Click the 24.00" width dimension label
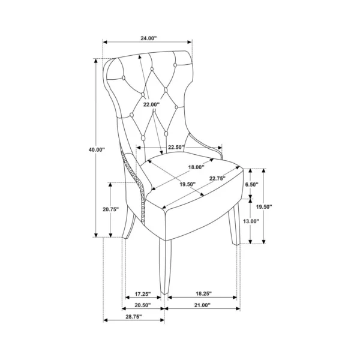[x=148, y=38]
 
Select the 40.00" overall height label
[x=97, y=149]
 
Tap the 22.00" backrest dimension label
[x=151, y=104]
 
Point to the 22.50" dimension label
[x=176, y=147]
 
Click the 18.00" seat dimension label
[x=196, y=167]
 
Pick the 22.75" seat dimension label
[x=217, y=178]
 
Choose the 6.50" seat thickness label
[x=252, y=184]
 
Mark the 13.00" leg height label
[x=251, y=221]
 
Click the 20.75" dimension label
[x=110, y=209]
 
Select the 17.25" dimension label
[x=143, y=293]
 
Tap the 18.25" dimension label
[x=203, y=293]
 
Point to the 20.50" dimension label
[x=143, y=305]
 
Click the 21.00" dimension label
[x=202, y=305]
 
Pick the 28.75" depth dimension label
[x=134, y=317]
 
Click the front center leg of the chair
[x=165, y=266]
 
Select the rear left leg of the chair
[x=128, y=222]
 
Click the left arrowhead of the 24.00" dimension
[x=105, y=42]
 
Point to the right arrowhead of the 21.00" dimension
[x=238, y=308]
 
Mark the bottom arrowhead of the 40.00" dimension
[x=96, y=235]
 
